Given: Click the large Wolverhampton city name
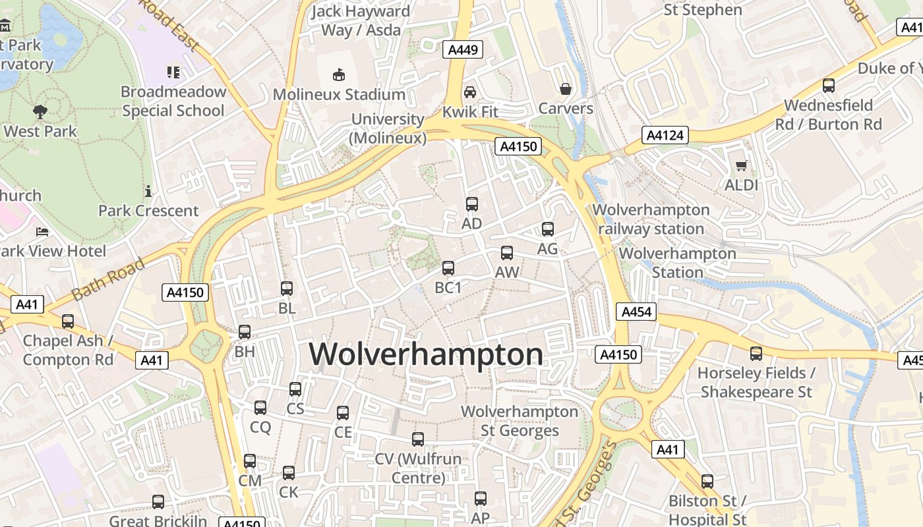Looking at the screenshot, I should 426,354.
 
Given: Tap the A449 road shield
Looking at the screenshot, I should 464,49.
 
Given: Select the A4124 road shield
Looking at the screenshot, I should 665,136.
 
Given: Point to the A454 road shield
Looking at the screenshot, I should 636,312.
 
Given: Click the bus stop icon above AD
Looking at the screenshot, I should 471,204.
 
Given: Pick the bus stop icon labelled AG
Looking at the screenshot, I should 547,229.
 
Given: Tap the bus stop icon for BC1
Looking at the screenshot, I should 448,268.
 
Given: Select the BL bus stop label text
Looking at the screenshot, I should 287,308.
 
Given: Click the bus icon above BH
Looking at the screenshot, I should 245,332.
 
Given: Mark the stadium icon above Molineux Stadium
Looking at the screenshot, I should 339,74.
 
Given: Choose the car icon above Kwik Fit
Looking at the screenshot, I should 469,92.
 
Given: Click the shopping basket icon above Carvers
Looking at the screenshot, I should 565,89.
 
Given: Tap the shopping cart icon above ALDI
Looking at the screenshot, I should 741,166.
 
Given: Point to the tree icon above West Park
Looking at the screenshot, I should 40,111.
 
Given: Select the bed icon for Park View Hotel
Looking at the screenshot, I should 42,232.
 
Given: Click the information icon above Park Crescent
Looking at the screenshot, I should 148,192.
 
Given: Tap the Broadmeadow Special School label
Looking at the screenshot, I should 173,101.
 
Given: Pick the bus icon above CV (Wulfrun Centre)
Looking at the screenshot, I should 418,439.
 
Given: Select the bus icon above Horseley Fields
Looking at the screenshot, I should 756,354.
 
